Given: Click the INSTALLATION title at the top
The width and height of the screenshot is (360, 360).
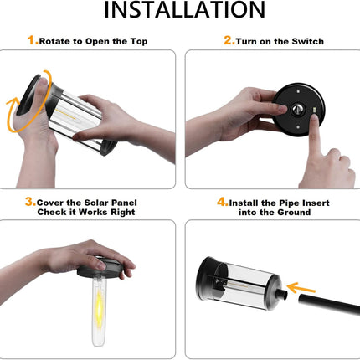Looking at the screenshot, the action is (x=184, y=10).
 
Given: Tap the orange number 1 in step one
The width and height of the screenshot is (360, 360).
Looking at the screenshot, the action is (x=32, y=40).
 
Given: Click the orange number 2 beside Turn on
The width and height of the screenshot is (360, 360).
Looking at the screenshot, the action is (x=229, y=40).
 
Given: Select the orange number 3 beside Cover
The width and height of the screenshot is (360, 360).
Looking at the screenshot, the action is (x=30, y=202).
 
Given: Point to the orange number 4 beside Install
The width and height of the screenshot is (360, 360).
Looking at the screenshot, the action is (x=222, y=202).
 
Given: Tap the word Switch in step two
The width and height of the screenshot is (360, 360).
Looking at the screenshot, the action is (x=308, y=42).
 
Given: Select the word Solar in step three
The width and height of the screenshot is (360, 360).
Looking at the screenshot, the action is (x=96, y=203).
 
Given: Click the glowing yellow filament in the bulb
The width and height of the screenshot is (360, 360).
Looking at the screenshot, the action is (x=100, y=305).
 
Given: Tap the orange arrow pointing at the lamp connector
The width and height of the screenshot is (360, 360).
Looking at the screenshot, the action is (x=301, y=289).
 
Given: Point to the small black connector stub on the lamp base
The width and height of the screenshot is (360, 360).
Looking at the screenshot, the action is (x=281, y=296).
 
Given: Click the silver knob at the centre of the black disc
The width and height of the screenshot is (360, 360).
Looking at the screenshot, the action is (x=297, y=109).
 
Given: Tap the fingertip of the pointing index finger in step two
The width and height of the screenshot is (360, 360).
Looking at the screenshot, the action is (x=315, y=118).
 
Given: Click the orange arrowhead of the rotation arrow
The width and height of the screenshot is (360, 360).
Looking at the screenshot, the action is (x=12, y=104).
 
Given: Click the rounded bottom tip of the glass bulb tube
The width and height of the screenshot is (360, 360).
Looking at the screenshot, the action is (x=97, y=343).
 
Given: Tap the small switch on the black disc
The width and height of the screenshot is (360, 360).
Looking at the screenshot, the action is (x=315, y=111).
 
